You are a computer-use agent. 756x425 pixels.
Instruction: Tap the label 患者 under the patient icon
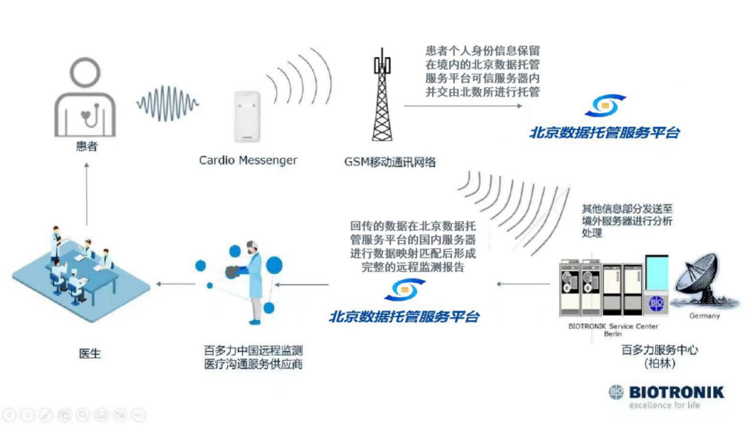tap(86, 146)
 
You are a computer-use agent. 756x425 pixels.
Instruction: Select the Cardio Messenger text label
tap(248, 160)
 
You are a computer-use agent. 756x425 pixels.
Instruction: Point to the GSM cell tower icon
tap(382, 95)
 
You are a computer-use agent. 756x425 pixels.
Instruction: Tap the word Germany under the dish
tap(703, 316)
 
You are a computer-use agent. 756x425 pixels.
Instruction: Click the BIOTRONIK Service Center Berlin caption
tap(613, 330)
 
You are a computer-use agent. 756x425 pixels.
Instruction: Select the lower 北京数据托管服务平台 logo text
tap(404, 316)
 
